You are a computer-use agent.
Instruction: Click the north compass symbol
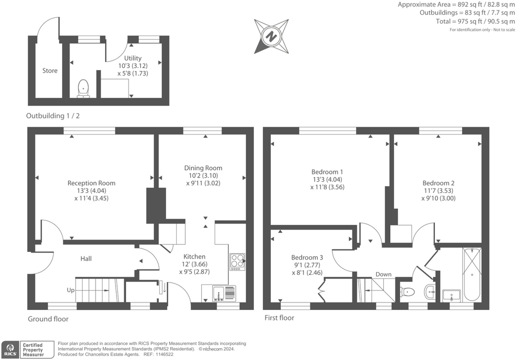click(271, 36)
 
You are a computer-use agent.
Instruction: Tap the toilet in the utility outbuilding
click(84, 88)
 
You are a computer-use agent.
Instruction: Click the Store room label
click(50, 70)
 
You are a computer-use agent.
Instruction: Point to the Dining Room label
click(203, 168)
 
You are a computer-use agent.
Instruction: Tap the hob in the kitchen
click(237, 261)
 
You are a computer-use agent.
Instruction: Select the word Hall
click(86, 258)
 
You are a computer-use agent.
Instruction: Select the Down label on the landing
click(383, 274)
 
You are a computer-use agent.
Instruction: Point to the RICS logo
click(9, 349)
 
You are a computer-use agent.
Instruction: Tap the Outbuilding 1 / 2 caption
click(53, 116)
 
